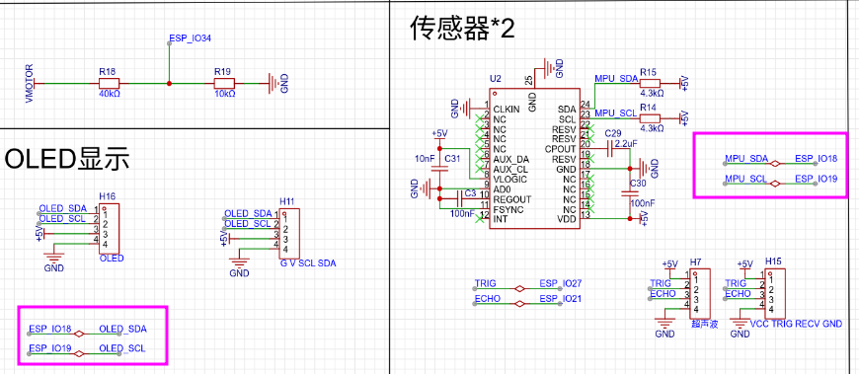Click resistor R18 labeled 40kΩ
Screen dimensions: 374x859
pos(109,83)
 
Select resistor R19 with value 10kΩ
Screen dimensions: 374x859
pos(224,83)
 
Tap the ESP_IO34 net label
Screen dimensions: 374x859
pos(191,38)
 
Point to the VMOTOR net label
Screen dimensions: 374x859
pos(29,84)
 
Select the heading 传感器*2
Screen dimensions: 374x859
pos(462,29)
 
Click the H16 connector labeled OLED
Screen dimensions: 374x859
pos(110,229)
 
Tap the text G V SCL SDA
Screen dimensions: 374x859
pos(307,264)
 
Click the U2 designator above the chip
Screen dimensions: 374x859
pos(495,78)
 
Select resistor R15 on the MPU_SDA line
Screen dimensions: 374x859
pos(649,83)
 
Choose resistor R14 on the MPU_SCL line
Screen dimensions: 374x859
pos(649,116)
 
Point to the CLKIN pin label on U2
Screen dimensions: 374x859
pos(508,109)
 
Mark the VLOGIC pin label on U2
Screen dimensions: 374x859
pos(510,179)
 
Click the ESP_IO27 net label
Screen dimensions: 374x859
pos(560,283)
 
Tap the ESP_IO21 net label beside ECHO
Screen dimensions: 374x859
pos(560,298)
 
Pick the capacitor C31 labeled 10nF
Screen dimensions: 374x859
pos(440,158)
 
